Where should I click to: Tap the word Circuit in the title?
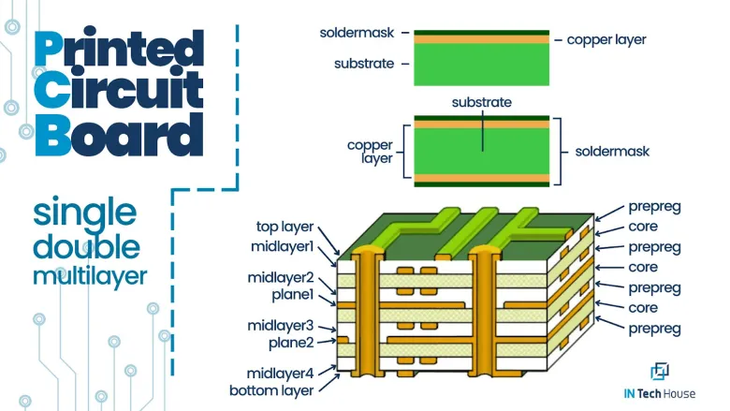pyautogui.click(x=118, y=92)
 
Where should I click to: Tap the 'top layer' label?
pyautogui.click(x=285, y=228)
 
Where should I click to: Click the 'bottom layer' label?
pyautogui.click(x=271, y=389)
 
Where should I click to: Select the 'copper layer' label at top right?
pyautogui.click(x=606, y=40)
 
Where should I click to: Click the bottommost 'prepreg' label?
pyautogui.click(x=655, y=329)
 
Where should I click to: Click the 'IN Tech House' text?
pyautogui.click(x=660, y=394)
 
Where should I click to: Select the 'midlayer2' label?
pyautogui.click(x=280, y=279)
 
